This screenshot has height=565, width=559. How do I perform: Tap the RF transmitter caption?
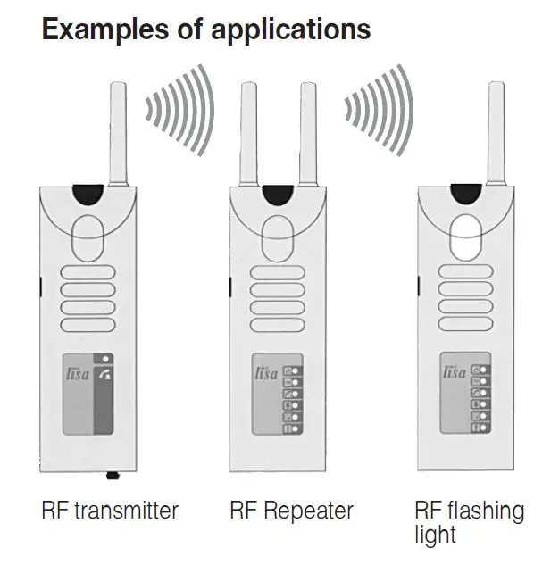click(110, 511)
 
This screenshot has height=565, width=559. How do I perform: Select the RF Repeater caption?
click(291, 511)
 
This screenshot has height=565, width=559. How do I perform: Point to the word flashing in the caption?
click(488, 511)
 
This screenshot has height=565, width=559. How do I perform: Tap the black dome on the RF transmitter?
click(88, 192)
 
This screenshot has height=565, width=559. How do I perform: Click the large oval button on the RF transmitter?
click(88, 233)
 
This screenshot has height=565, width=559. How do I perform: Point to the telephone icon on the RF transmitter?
click(107, 375)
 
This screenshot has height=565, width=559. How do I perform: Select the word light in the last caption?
click(435, 535)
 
